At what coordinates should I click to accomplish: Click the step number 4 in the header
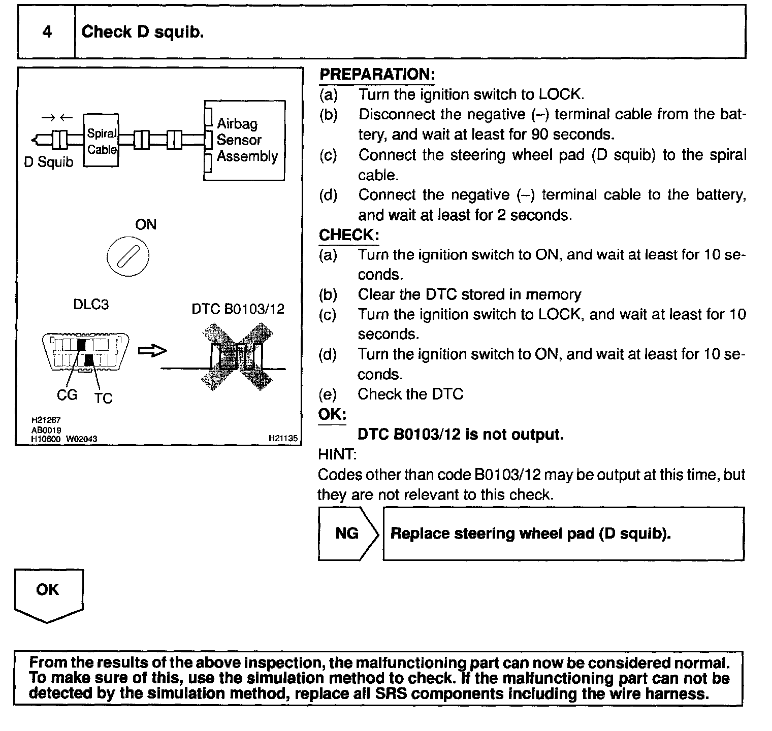coord(47,32)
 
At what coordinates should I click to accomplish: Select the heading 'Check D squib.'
coord(143,32)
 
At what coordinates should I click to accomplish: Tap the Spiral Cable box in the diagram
coord(101,141)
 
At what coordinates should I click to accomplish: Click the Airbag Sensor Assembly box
coord(244,140)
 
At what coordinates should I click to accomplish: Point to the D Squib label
coord(49,162)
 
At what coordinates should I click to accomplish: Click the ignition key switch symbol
coord(128,257)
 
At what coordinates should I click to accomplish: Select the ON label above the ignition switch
coord(146,224)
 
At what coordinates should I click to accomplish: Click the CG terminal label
coord(67,394)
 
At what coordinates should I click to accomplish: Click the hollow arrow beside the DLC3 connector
coord(152,351)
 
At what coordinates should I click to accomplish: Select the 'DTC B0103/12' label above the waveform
coord(238,309)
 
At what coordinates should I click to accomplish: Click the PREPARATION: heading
coord(377,75)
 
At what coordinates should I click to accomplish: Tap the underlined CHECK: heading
coord(348,235)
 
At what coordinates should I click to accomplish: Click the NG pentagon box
coord(347,534)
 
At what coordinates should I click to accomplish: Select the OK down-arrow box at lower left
coord(48,594)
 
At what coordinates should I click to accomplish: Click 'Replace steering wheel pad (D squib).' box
coord(563,534)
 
